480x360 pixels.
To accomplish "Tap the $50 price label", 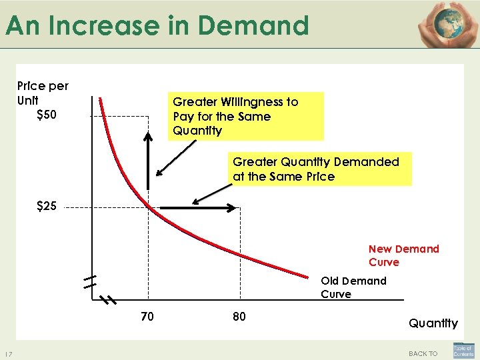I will click(47, 115).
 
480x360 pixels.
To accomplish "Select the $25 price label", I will click(47, 207).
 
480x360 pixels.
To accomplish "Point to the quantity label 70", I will click(147, 317).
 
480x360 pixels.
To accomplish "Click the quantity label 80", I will click(239, 317).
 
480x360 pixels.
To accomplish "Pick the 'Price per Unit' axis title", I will click(43, 93).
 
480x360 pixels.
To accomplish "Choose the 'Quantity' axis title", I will click(433, 323).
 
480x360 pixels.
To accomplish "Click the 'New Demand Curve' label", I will click(403, 255).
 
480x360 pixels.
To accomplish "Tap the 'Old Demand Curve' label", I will click(353, 287).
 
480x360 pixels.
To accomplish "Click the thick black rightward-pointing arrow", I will click(199, 209).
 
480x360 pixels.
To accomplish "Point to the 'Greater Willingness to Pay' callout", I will click(245, 116).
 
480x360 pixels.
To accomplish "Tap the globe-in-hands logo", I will click(447, 24).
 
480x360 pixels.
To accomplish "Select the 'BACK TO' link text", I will click(423, 353).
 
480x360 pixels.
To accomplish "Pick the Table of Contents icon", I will click(463, 351).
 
